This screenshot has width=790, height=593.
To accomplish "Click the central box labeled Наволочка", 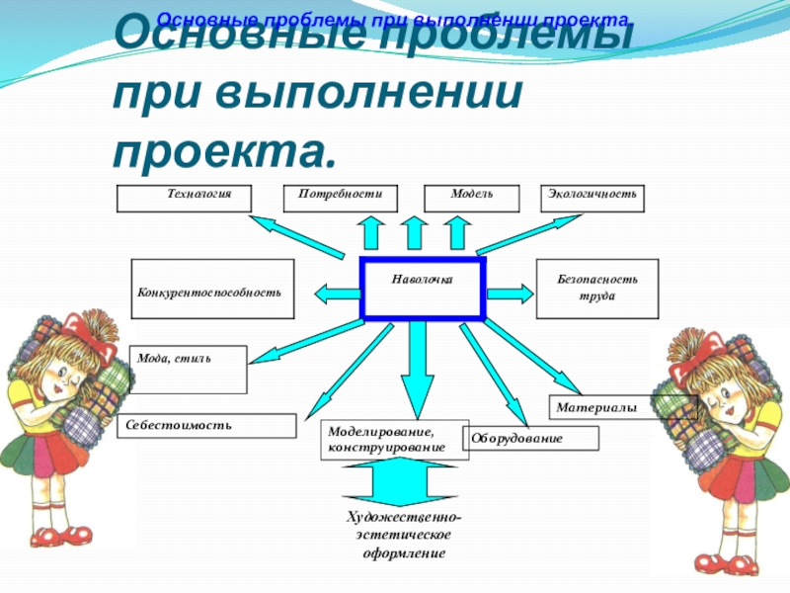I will (x=423, y=289).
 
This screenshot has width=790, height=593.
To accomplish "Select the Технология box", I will (x=184, y=198).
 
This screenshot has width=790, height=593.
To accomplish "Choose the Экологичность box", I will (x=593, y=198).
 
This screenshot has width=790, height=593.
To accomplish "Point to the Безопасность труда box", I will (x=597, y=288).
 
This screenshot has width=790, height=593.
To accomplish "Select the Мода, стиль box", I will (x=188, y=369).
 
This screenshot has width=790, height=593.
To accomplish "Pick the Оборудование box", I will (x=533, y=438).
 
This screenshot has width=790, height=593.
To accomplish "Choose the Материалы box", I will (x=623, y=405).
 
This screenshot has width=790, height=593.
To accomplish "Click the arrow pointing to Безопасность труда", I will (x=510, y=293).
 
